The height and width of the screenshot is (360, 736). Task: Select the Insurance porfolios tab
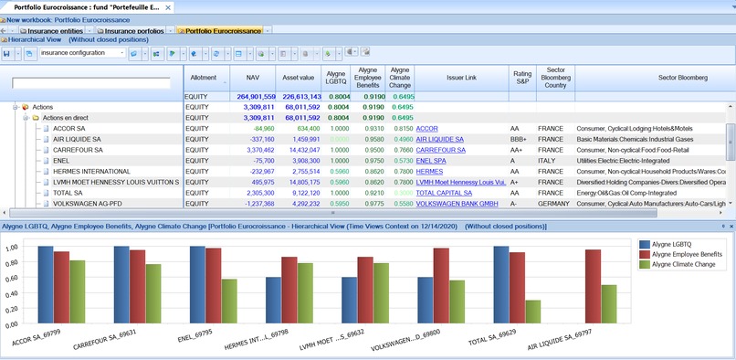tap(133, 30)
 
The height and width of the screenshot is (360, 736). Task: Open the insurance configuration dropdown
tap(83, 53)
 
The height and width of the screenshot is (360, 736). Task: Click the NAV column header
tap(251, 78)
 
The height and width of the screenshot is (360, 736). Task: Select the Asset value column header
tap(299, 78)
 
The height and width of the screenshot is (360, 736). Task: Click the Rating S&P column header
tap(521, 78)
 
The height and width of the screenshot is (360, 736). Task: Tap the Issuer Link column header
tap(460, 78)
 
